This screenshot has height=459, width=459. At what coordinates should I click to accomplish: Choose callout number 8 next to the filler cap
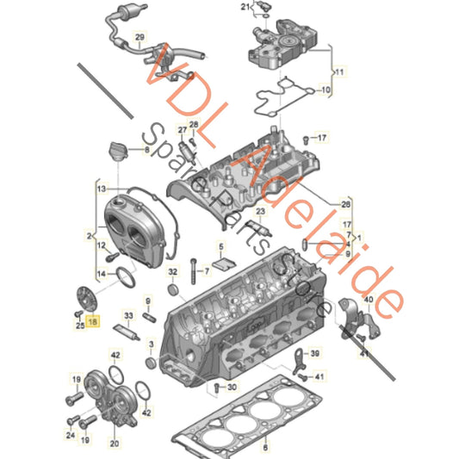coord(146,151)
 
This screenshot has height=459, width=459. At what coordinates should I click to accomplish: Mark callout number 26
coord(346,204)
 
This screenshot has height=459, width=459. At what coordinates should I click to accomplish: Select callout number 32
coord(173,274)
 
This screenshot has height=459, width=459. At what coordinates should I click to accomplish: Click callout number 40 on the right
coord(368,300)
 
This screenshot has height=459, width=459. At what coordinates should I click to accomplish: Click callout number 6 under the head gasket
coord(264,448)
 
